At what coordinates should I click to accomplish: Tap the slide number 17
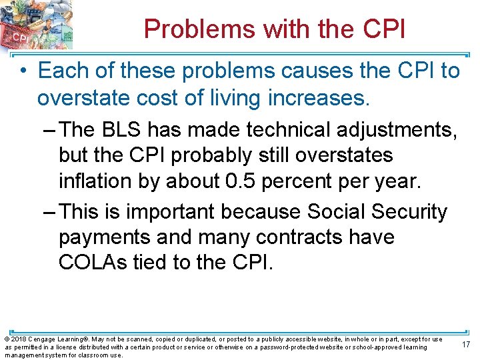[x=465, y=345]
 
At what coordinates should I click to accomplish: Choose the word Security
[x=411, y=211]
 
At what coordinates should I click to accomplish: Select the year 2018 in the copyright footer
[x=17, y=339]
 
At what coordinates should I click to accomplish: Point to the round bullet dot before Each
[x=25, y=71]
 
